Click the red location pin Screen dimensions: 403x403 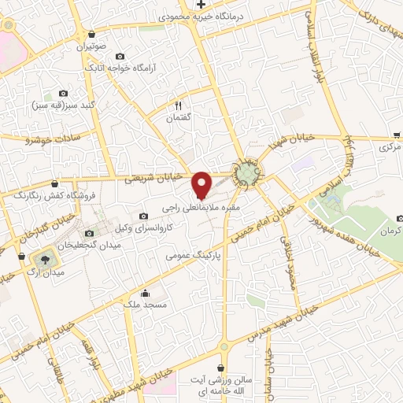click(x=201, y=183)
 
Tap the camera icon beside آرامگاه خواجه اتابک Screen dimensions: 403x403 click(x=120, y=56)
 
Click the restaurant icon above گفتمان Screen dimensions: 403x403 click(x=179, y=105)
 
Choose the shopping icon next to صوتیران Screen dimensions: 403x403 click(x=92, y=35)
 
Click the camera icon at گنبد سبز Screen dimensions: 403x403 click(x=63, y=92)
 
